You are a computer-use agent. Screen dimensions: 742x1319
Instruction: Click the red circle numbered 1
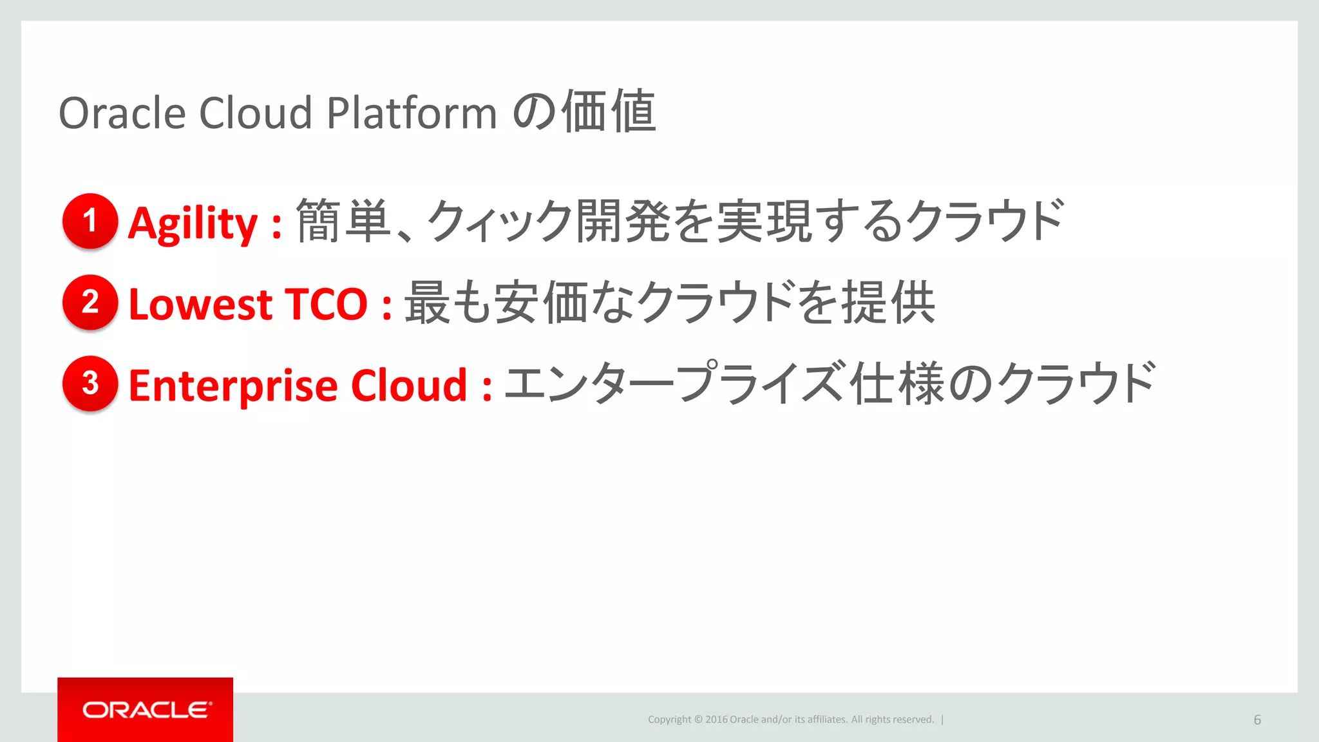(x=90, y=220)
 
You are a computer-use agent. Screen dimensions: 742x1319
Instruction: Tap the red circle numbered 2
(x=90, y=302)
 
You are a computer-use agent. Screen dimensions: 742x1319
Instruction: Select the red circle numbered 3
(x=90, y=383)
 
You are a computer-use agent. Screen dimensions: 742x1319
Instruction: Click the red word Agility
(x=193, y=224)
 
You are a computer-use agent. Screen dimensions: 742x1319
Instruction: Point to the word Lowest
(x=200, y=304)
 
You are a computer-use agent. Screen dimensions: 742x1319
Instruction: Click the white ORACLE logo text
(x=146, y=710)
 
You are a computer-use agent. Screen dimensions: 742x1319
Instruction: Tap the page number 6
(x=1257, y=720)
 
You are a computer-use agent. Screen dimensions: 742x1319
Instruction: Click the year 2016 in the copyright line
(x=716, y=719)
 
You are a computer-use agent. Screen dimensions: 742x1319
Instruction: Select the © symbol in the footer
(x=698, y=719)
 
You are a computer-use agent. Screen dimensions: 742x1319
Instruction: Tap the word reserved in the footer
(x=913, y=719)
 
